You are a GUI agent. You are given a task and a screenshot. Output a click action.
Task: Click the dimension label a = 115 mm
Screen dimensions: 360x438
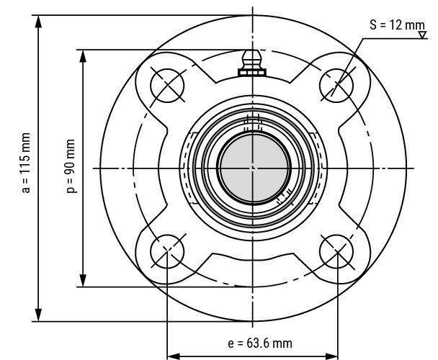point(26,163)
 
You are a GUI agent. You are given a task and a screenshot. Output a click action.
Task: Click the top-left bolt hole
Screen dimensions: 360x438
point(167,85)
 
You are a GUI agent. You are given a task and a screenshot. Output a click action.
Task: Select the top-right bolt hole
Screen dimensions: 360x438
point(336,85)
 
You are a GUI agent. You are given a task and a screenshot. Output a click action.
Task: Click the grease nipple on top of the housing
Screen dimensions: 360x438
point(252,61)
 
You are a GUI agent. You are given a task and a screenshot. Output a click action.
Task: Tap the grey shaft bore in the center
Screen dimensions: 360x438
point(252,168)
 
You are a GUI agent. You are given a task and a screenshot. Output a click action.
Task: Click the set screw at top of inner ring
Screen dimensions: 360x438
point(252,121)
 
